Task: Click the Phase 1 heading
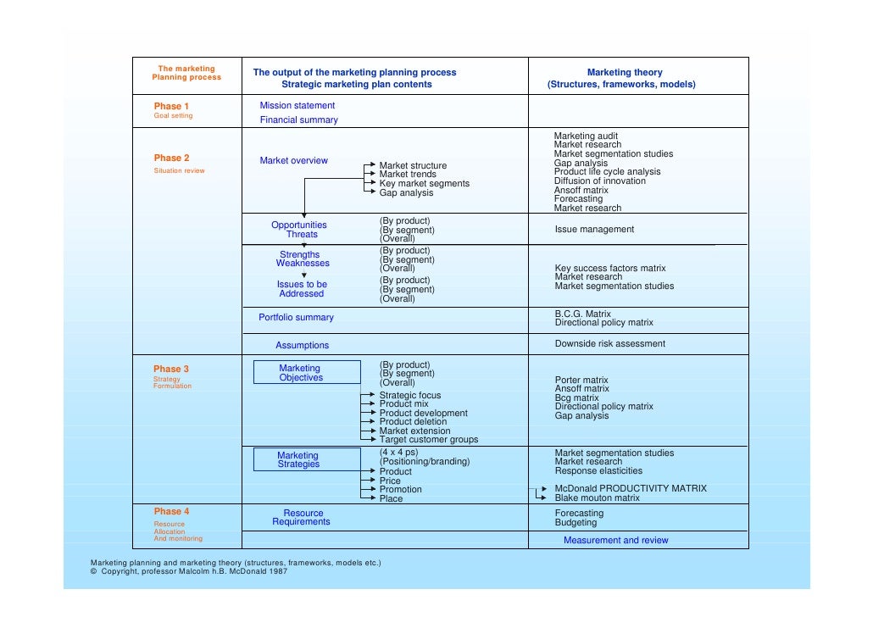click(x=171, y=106)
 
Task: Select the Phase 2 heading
click(x=171, y=158)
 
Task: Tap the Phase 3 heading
click(x=171, y=369)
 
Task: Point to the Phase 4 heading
click(x=171, y=511)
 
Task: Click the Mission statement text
click(x=297, y=106)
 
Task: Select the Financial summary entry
click(x=298, y=120)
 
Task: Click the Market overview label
click(x=293, y=161)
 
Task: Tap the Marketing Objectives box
click(x=300, y=373)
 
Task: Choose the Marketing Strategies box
click(x=298, y=459)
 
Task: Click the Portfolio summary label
click(x=296, y=318)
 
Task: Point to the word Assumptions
click(x=302, y=346)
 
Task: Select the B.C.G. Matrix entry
click(x=582, y=314)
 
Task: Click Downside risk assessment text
click(x=609, y=344)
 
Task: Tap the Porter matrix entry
click(x=581, y=381)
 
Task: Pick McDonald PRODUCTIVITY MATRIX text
click(x=630, y=489)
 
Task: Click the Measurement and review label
click(x=615, y=541)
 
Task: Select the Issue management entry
click(x=594, y=230)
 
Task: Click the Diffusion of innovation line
click(x=600, y=181)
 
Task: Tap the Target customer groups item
click(x=428, y=440)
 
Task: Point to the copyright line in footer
click(x=188, y=572)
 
